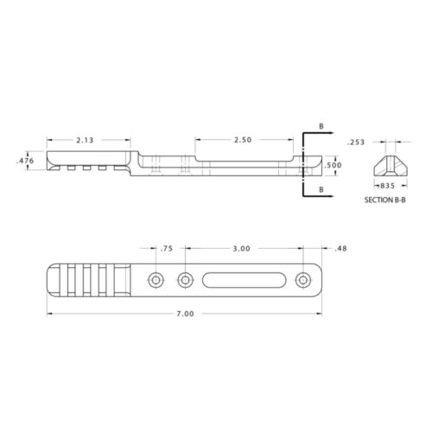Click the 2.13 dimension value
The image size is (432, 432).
[85, 138]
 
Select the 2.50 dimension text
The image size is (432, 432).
[244, 138]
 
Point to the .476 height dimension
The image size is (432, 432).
[24, 161]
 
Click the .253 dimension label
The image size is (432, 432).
[353, 142]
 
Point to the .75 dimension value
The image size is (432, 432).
[167, 249]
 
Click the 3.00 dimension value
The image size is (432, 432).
[242, 249]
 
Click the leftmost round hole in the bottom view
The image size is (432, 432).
[156, 279]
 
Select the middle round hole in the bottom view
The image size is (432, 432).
[185, 279]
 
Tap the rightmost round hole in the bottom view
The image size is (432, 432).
[302, 279]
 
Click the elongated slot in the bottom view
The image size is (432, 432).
[243, 279]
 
